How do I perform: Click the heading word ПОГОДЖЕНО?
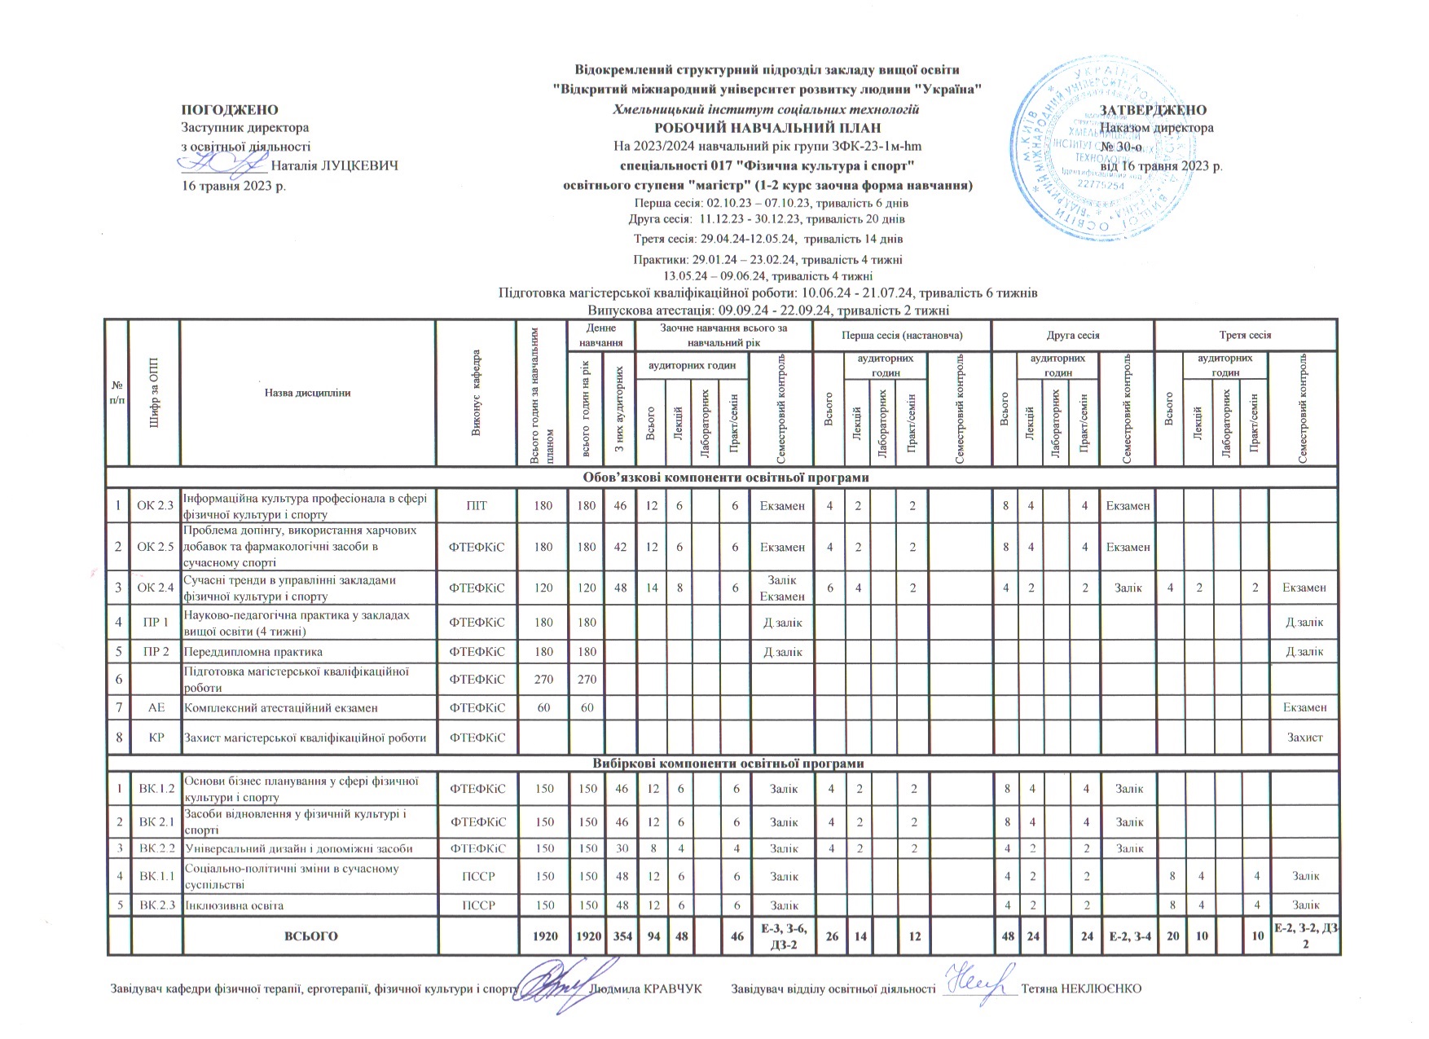point(229,110)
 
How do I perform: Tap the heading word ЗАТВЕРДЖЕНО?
point(1153,110)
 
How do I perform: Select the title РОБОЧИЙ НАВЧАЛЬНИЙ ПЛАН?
point(767,128)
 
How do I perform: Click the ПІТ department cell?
point(477,506)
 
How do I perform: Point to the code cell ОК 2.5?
point(155,546)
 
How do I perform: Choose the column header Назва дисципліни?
point(307,393)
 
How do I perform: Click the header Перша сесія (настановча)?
point(902,335)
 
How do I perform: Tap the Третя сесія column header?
point(1245,335)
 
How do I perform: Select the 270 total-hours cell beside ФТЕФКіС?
point(542,678)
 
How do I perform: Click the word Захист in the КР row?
point(1304,737)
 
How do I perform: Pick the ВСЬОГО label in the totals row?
point(310,936)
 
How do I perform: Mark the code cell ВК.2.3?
point(155,905)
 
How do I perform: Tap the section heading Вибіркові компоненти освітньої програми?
point(722,764)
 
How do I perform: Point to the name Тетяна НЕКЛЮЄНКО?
point(1080,988)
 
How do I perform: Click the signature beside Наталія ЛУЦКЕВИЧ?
point(222,164)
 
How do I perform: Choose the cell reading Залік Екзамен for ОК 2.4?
point(782,588)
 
